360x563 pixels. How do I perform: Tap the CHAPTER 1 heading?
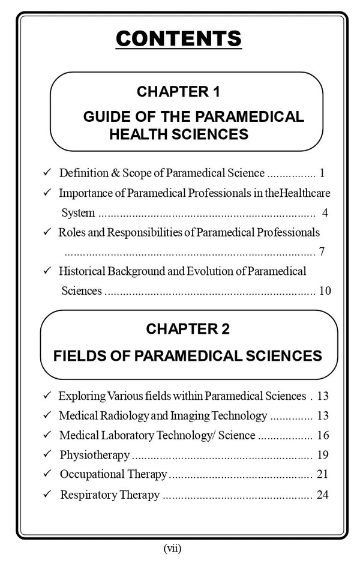[178, 92]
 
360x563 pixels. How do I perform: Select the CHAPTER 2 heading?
[188, 329]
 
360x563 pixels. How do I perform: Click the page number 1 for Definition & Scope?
[322, 173]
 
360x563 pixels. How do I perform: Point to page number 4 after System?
[324, 212]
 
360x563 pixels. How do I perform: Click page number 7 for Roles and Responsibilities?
[322, 251]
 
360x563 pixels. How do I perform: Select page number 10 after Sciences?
[325, 291]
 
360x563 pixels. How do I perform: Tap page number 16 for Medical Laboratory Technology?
[322, 435]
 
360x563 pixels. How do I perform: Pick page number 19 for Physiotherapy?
[322, 455]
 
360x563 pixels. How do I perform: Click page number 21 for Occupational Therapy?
[322, 475]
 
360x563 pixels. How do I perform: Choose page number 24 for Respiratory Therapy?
[322, 495]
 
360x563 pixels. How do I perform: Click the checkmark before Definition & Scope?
[47, 173]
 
